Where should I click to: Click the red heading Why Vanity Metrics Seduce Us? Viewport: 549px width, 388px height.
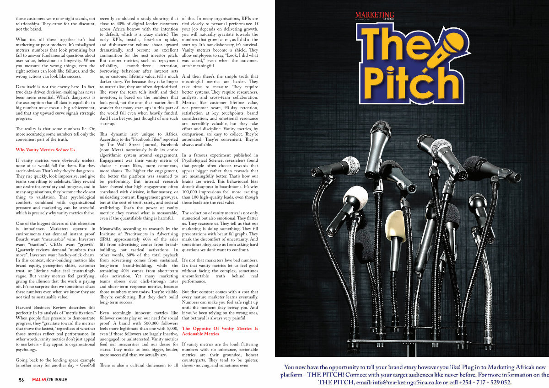pyautogui.click(x=45, y=150)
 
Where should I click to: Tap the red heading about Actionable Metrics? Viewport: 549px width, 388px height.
pyautogui.click(x=220, y=331)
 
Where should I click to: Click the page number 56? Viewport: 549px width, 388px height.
pyautogui.click(x=22, y=380)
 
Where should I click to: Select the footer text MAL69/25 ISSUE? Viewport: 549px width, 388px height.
pyautogui.click(x=49, y=380)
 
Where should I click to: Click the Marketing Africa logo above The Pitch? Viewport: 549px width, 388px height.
pyautogui.click(x=374, y=16)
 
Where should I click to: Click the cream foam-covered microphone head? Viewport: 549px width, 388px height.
pyautogui.click(x=395, y=226)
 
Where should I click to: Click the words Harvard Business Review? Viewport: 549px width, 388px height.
pyautogui.click(x=44, y=306)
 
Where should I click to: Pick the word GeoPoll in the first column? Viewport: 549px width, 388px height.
pyautogui.click(x=84, y=365)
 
